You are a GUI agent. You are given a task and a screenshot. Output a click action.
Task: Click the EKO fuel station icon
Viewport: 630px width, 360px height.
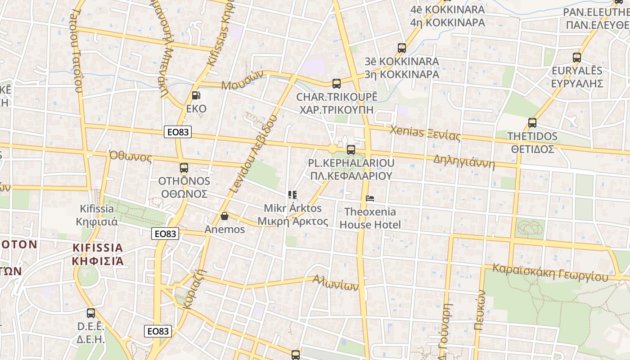coord(196,95)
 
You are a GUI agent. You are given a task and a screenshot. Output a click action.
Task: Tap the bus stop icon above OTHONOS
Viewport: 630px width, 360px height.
coord(184,168)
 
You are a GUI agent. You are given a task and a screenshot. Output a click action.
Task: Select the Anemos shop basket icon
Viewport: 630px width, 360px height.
coord(225,216)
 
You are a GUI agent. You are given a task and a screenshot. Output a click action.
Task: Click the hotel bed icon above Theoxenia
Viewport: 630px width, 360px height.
coord(370,198)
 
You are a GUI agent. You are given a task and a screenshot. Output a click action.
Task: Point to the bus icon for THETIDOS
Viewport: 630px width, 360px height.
coord(532,123)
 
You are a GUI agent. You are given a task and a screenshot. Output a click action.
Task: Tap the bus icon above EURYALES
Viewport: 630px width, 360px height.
coord(577,58)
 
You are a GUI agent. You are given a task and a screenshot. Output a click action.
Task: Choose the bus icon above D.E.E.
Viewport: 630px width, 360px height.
coord(91,313)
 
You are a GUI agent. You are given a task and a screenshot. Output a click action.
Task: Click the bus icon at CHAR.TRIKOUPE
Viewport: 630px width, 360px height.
coord(337,83)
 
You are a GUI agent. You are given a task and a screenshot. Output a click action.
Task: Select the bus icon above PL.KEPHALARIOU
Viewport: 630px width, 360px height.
coord(351,149)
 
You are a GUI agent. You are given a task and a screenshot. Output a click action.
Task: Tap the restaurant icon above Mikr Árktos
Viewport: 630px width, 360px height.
coord(292,195)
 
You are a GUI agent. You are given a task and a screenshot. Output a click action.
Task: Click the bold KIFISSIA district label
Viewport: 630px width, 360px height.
coord(98,248)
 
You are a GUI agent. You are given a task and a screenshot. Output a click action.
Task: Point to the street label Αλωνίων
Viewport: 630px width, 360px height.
coord(336,283)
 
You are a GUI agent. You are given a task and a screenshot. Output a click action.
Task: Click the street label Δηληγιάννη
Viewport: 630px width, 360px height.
coord(464,162)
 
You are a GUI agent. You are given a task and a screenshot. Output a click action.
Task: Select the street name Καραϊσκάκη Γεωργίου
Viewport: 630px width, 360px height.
coord(550,272)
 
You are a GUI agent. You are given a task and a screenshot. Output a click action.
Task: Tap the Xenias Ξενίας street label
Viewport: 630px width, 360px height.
coord(425,133)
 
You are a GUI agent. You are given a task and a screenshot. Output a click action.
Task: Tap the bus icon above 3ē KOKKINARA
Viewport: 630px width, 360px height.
coord(402,48)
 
